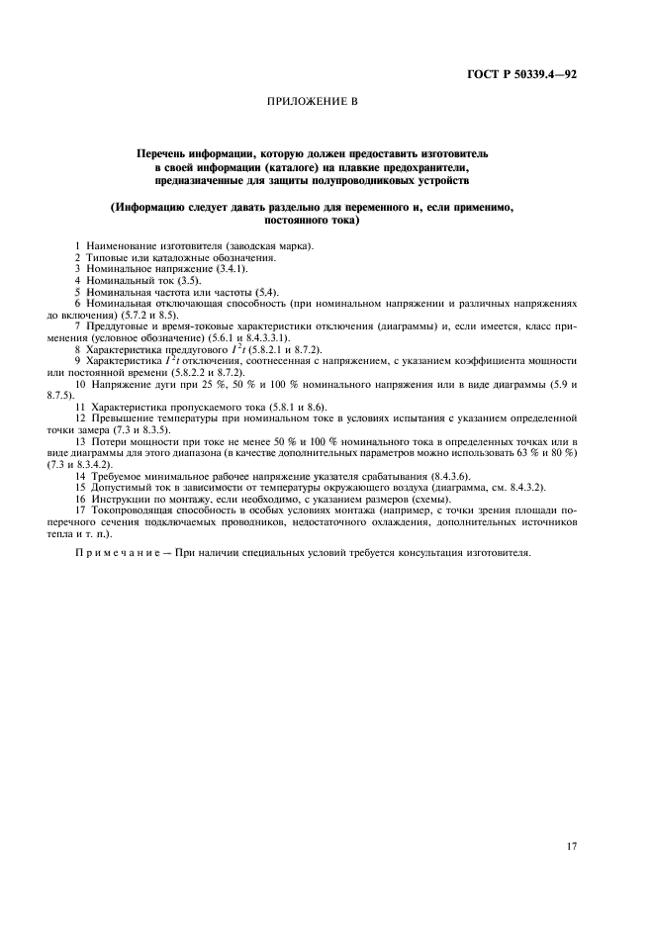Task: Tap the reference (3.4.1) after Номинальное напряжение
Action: [233, 268]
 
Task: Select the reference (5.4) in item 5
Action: [264, 292]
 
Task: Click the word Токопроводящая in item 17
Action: [135, 511]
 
